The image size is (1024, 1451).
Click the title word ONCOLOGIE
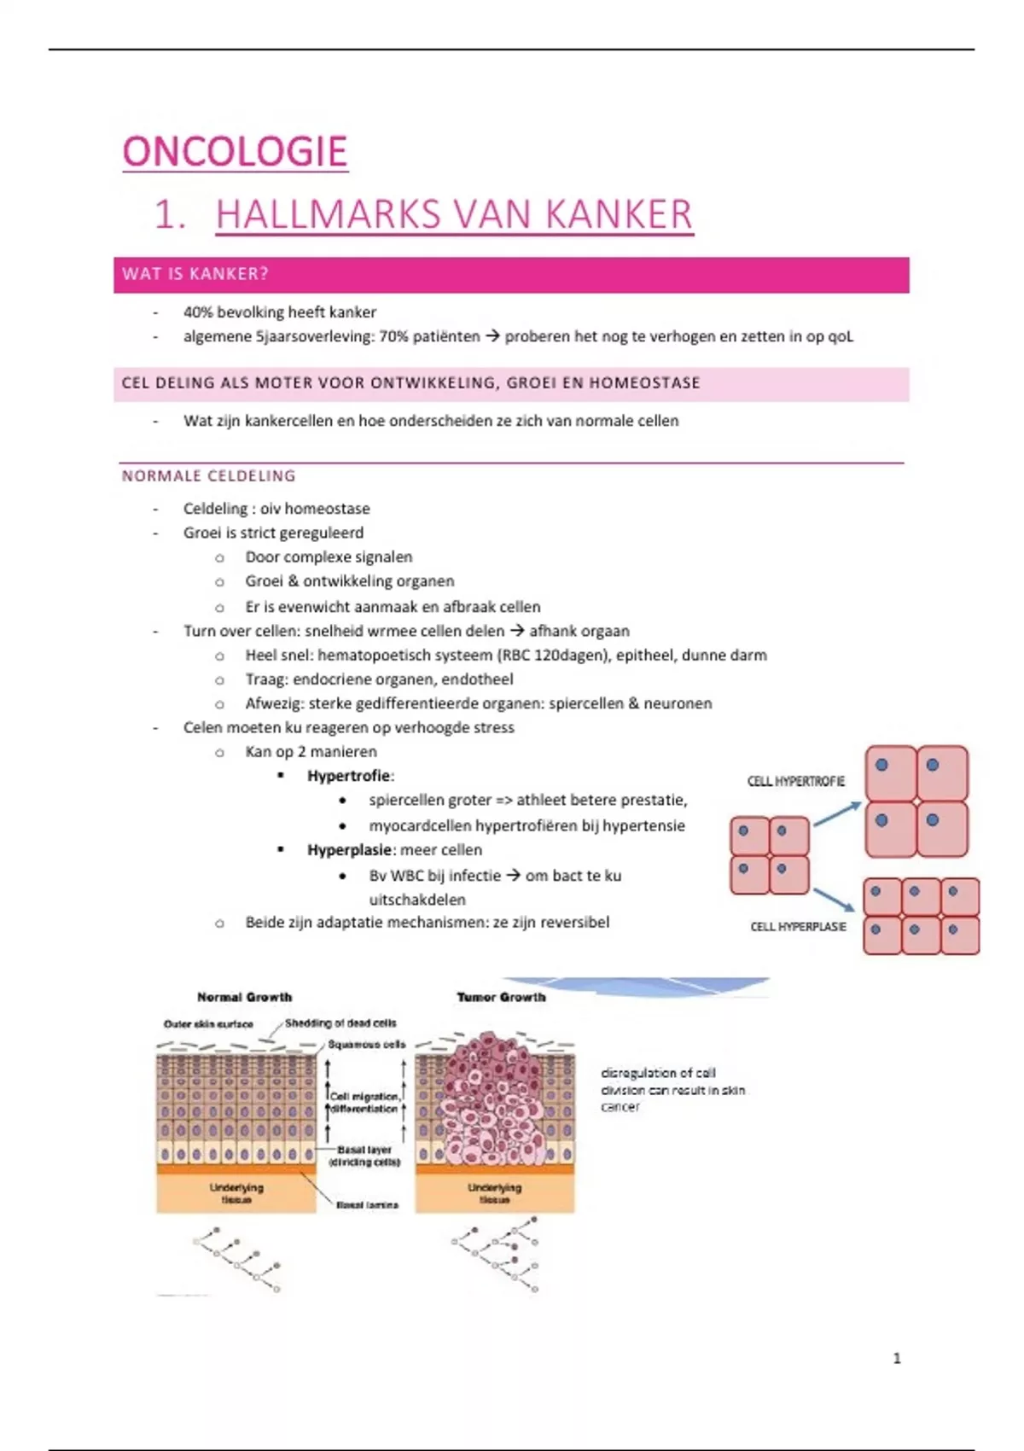point(235,152)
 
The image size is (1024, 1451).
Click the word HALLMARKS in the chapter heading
point(329,214)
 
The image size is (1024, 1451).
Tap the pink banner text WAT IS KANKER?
point(195,274)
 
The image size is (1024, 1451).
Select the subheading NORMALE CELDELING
point(208,476)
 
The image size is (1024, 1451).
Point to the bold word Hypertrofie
point(349,776)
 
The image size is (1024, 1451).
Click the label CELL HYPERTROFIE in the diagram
point(795,781)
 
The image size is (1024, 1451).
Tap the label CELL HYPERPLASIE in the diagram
point(798,926)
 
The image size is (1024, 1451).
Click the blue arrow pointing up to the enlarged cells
point(837,813)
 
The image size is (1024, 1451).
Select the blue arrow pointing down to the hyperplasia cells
point(834,899)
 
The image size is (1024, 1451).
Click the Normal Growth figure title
point(244,997)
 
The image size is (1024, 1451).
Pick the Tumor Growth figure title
point(501,997)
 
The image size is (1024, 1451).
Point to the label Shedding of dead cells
point(340,1023)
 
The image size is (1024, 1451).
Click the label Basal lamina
point(367,1204)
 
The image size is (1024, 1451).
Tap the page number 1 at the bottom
point(896,1358)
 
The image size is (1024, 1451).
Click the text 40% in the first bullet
point(198,312)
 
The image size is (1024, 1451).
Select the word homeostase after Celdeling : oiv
point(327,509)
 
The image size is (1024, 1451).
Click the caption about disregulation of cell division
point(672,1089)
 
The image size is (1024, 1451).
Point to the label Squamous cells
point(366,1044)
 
